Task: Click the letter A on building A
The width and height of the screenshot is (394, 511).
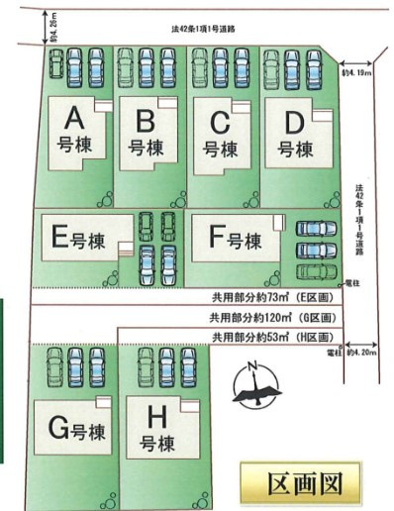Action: pos(72,119)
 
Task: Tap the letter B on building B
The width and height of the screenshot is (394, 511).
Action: pos(145,121)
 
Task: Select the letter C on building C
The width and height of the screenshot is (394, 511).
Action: pos(220,123)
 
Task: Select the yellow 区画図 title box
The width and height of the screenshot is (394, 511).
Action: pos(304,484)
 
